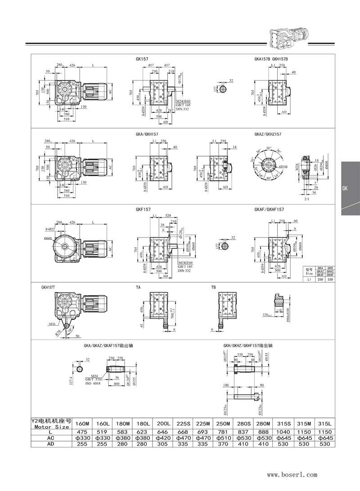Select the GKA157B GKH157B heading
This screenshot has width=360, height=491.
(x=271, y=58)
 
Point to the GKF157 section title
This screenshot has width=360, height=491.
(x=143, y=210)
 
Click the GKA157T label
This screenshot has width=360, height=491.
(x=49, y=286)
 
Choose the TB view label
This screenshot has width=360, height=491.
(x=214, y=286)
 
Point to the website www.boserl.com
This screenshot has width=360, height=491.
(x=292, y=474)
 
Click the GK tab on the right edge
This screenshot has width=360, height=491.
(x=345, y=189)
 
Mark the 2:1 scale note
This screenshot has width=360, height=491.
(x=306, y=198)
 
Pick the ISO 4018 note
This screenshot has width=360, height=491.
(x=94, y=384)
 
